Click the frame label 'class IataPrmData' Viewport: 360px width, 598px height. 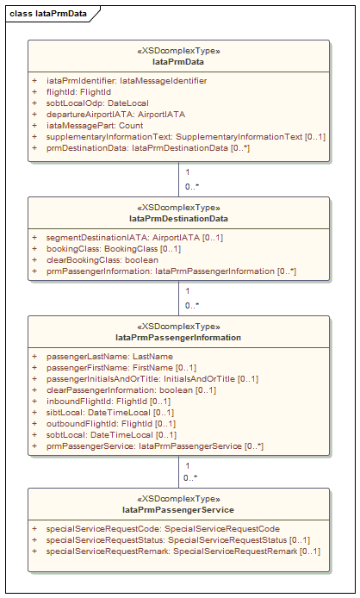48,14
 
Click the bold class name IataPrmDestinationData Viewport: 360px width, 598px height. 178,219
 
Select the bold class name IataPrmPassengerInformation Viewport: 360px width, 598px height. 178,338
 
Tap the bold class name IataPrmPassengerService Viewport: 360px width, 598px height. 178,510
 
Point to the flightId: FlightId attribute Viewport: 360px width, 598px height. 78,92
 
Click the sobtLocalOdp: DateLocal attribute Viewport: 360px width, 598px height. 97,103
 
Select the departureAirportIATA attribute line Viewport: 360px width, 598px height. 115,114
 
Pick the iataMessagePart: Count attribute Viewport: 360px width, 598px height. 95,126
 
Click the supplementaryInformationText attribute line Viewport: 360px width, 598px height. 186,136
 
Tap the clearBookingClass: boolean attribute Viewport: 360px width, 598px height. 102,259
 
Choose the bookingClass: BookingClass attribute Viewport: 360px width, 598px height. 114,249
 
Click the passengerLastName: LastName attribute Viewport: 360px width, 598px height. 109,357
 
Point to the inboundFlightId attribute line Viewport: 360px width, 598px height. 109,402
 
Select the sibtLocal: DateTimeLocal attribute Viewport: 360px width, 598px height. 110,412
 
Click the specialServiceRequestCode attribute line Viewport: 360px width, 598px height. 163,529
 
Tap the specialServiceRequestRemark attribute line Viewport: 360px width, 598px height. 183,551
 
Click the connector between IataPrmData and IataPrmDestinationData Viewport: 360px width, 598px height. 178,179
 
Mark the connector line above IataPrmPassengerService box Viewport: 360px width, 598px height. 178,471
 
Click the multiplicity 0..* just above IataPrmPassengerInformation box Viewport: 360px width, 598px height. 192,306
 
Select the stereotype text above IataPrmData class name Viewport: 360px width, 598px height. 178,51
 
